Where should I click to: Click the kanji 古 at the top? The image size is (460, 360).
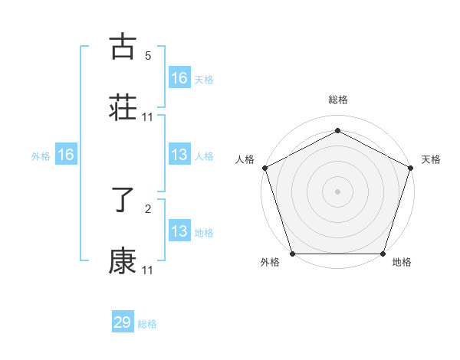tap(123, 47)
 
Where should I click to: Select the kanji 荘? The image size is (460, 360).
tap(123, 108)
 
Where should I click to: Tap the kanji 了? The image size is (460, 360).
tap(123, 201)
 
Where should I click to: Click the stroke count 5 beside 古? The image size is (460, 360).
tap(148, 56)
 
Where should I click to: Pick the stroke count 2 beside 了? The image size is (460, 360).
tap(148, 209)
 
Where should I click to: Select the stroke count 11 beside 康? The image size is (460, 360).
tap(148, 270)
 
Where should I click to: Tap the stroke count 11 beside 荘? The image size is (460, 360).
tap(148, 116)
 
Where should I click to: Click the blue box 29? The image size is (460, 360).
tap(123, 322)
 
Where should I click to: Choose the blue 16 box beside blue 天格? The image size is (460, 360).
tap(179, 77)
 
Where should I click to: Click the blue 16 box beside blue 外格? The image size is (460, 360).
tap(66, 155)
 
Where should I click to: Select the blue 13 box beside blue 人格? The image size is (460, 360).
tap(179, 155)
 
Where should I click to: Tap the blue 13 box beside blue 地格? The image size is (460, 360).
tap(179, 231)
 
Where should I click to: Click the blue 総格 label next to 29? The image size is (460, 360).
tap(147, 324)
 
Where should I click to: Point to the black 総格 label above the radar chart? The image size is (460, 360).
tap(337, 100)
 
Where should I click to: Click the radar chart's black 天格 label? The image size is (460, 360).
tap(432, 159)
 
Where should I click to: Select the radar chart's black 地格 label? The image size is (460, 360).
tap(402, 263)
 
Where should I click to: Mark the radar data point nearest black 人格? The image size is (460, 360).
tap(264, 167)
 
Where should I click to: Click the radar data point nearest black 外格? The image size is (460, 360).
tap(292, 253)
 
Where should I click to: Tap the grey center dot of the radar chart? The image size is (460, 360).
tap(337, 191)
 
